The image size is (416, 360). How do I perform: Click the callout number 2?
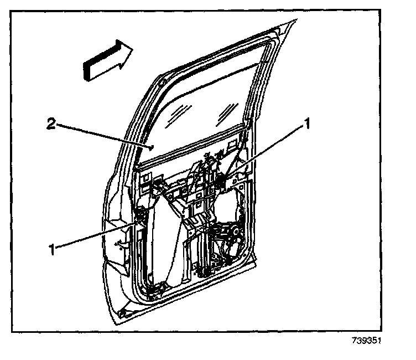(50, 126)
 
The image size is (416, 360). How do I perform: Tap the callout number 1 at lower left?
(53, 249)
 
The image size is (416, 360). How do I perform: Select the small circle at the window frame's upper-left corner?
(160, 83)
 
